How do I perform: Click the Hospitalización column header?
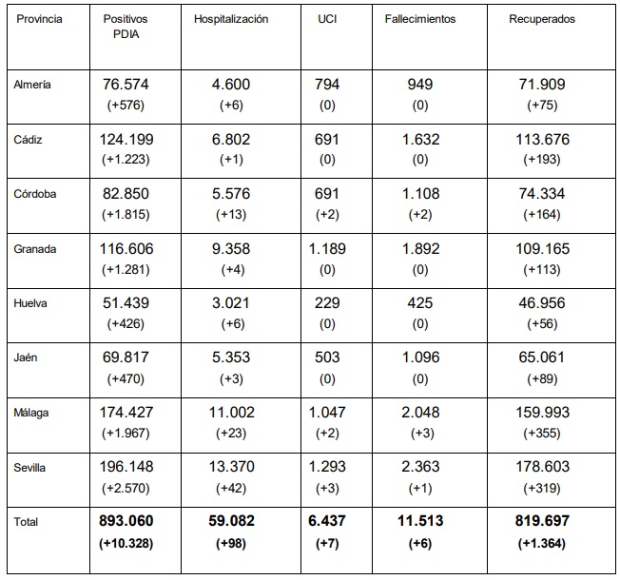(x=231, y=19)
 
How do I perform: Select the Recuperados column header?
(x=542, y=19)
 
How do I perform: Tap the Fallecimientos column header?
(x=420, y=19)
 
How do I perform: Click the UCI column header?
(x=327, y=19)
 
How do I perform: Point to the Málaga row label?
(x=31, y=414)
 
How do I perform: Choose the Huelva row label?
(x=30, y=303)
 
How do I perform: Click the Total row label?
(x=26, y=522)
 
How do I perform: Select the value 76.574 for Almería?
(x=126, y=85)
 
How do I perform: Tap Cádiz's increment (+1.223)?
(x=126, y=160)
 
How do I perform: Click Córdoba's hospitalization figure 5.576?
(x=231, y=194)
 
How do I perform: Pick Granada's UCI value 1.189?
(x=327, y=249)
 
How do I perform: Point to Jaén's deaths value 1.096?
(x=420, y=358)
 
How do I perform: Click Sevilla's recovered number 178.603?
(x=542, y=467)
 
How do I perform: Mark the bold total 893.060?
(x=126, y=521)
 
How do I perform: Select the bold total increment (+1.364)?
(x=542, y=543)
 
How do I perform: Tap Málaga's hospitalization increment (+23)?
(x=231, y=434)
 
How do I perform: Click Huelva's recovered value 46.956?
(x=542, y=303)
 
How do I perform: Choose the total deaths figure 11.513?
(x=420, y=521)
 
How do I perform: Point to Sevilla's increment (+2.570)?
(x=126, y=489)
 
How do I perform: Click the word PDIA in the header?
(x=126, y=34)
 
